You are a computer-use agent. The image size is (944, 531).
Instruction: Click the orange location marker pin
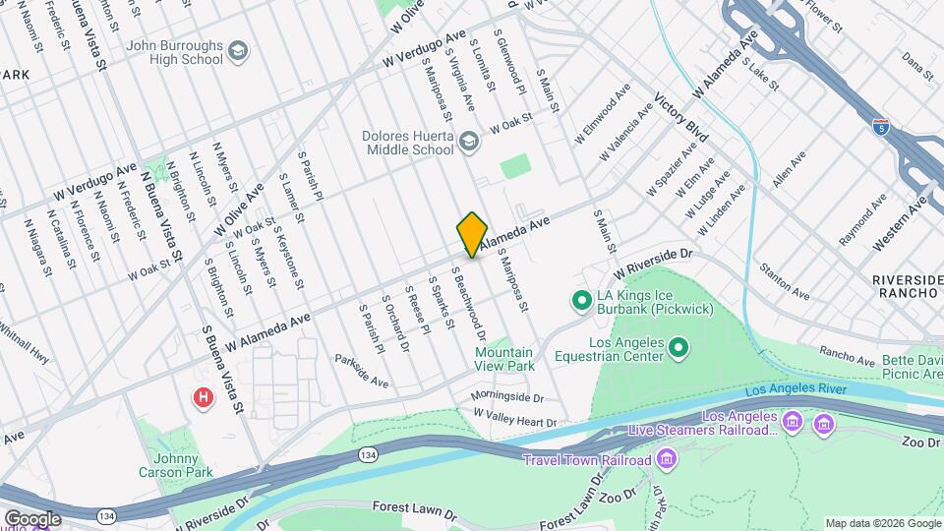pos(472,235)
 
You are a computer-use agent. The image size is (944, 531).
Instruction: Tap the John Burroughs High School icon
pos(238,50)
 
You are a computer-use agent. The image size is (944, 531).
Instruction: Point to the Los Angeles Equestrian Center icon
pos(679,347)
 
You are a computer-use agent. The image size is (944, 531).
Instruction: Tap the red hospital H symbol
pos(203,397)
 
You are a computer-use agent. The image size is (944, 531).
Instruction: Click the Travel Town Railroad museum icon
pos(668,459)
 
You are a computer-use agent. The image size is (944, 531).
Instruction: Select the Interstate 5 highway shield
pos(880,126)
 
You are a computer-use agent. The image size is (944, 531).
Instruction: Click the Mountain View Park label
pos(504,359)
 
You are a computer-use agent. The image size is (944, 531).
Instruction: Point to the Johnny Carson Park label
pos(170,465)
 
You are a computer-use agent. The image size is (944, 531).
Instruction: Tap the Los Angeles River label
pos(796,390)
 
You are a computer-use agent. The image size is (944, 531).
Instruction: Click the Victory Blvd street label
pos(681,117)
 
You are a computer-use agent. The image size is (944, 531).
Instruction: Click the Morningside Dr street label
pos(506,397)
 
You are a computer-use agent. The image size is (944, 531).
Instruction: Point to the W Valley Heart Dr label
pos(514,418)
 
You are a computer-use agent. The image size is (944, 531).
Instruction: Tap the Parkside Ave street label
pos(361,370)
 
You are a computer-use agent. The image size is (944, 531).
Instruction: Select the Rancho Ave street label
pos(847,355)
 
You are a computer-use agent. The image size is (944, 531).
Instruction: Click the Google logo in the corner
pos(31,518)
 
